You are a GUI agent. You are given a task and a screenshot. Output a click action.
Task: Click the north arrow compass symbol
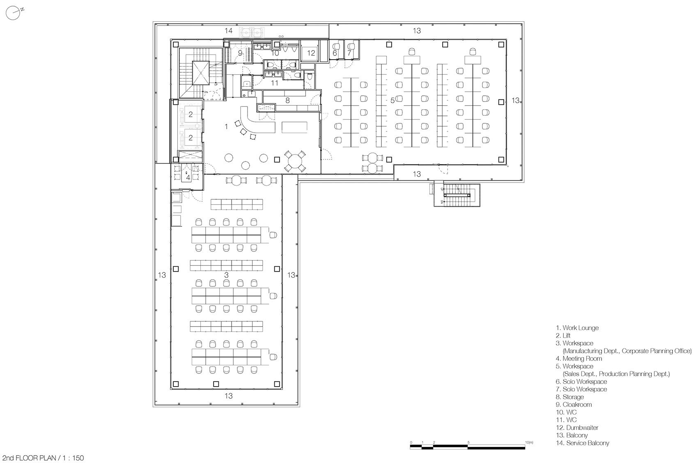pos(14,13)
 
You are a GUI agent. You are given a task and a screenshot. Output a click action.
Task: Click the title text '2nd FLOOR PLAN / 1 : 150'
pos(43,458)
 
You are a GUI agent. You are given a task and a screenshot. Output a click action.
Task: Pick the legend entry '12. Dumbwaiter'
pos(577,427)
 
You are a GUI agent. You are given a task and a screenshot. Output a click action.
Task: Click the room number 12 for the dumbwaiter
pos(311,53)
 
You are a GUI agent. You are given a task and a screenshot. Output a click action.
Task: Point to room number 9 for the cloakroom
pos(241,53)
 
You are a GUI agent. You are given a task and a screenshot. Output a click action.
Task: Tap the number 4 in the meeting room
pos(188,177)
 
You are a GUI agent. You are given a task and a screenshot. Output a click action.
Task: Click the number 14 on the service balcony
pos(228,30)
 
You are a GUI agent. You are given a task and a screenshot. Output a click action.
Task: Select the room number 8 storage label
pos(287,100)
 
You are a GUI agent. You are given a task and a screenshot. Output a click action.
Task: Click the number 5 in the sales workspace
pos(392,100)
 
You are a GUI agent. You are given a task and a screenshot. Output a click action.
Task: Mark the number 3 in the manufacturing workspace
pos(226,274)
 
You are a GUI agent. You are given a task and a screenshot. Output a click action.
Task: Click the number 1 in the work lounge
pos(226,127)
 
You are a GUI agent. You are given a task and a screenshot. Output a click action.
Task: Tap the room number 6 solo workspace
pos(335,53)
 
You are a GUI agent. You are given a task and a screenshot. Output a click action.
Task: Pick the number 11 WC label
pos(275,83)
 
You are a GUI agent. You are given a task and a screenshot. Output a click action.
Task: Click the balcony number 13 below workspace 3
pos(229,396)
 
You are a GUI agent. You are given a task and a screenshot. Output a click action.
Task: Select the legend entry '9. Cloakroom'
pos(574,404)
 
